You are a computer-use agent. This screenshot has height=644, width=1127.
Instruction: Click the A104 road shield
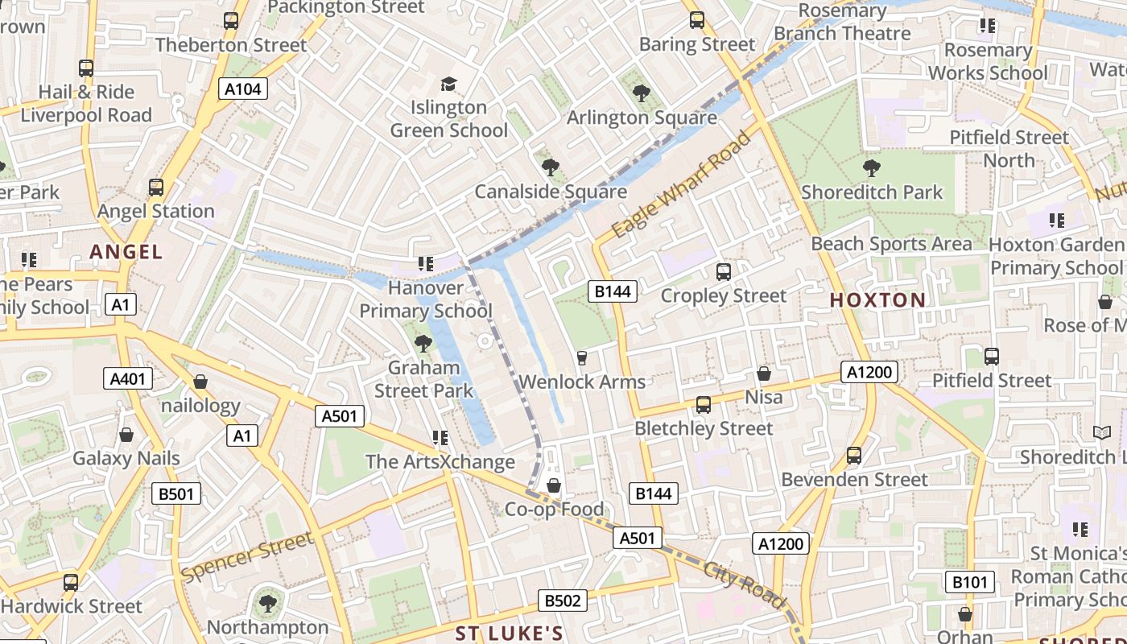(x=243, y=89)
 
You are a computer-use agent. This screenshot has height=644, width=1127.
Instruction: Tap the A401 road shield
(x=128, y=378)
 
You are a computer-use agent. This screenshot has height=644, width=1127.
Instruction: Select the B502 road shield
(x=562, y=600)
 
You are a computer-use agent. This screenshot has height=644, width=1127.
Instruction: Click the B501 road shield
(x=176, y=493)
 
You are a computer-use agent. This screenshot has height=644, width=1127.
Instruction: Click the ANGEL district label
(x=126, y=252)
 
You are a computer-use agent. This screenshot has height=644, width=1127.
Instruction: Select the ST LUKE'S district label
(x=510, y=633)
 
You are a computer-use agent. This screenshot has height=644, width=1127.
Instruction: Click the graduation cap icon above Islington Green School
(x=448, y=84)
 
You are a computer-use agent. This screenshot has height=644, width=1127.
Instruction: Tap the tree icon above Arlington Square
(x=641, y=93)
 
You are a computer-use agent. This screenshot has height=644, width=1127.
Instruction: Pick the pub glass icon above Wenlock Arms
(x=582, y=357)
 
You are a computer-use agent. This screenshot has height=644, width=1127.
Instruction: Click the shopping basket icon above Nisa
(x=764, y=374)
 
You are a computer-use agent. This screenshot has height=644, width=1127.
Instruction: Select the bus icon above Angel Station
(x=156, y=188)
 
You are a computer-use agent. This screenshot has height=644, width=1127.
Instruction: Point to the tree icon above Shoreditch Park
(x=871, y=168)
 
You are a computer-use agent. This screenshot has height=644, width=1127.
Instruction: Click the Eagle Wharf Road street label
(x=681, y=185)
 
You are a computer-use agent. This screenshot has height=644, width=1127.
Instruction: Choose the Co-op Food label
(x=554, y=509)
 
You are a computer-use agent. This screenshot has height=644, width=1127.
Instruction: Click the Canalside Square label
(x=551, y=192)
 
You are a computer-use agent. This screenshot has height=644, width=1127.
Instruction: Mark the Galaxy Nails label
(x=126, y=458)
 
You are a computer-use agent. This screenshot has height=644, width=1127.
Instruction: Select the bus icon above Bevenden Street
(x=854, y=456)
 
